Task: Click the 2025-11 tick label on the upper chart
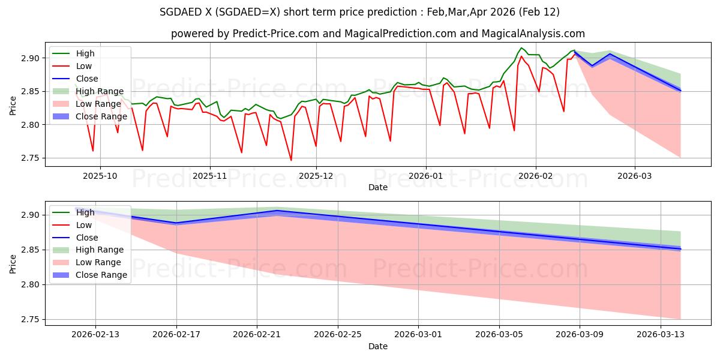[x=209, y=177]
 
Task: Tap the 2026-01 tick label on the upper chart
[x=425, y=177]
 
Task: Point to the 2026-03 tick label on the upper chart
[x=635, y=177]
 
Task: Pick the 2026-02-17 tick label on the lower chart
[x=176, y=334]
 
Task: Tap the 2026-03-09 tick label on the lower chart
[x=580, y=334]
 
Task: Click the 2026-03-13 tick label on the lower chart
[x=660, y=334]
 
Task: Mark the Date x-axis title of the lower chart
[x=378, y=346]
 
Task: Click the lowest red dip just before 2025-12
[x=291, y=160]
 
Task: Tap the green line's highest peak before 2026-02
[x=521, y=48]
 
